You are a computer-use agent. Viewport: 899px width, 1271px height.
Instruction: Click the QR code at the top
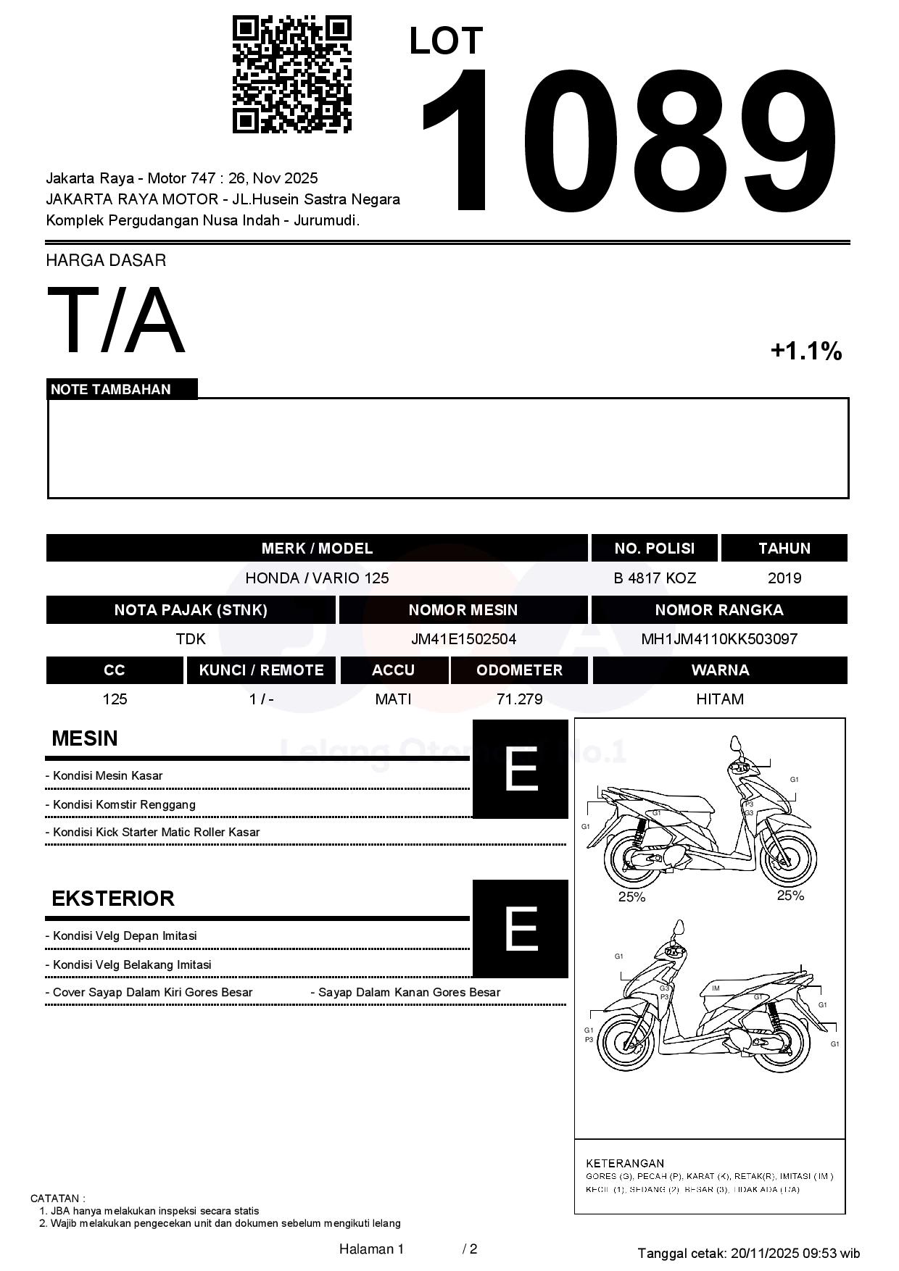click(x=291, y=75)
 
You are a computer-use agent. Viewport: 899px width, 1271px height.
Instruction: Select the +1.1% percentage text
click(x=805, y=351)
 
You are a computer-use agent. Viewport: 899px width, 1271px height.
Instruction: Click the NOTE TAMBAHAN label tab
click(x=111, y=389)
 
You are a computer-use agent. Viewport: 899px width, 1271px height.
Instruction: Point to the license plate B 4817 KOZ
click(x=655, y=578)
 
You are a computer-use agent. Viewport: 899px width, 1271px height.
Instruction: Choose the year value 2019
click(x=784, y=578)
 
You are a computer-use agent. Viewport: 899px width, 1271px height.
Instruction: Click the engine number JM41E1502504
click(x=463, y=639)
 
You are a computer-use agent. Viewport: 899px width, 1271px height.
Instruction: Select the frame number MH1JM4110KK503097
click(x=719, y=639)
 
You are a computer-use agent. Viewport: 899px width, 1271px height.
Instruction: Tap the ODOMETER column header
click(x=519, y=670)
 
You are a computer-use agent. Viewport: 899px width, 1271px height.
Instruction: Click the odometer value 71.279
click(x=519, y=699)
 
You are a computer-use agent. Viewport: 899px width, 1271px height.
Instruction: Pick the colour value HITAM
click(x=719, y=699)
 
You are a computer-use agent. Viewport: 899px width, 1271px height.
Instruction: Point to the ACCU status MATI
click(x=393, y=699)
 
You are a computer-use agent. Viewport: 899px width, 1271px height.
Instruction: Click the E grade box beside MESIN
click(x=521, y=769)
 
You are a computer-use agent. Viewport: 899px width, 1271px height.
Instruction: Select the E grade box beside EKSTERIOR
click(x=521, y=928)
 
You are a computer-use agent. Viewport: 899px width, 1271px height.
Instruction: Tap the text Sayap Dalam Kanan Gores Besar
click(x=409, y=993)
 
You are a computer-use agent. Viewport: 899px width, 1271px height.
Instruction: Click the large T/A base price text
click(x=116, y=320)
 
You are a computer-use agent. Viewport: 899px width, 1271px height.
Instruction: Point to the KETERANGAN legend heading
click(x=624, y=1163)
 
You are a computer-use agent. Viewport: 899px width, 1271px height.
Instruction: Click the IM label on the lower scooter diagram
click(x=716, y=988)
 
